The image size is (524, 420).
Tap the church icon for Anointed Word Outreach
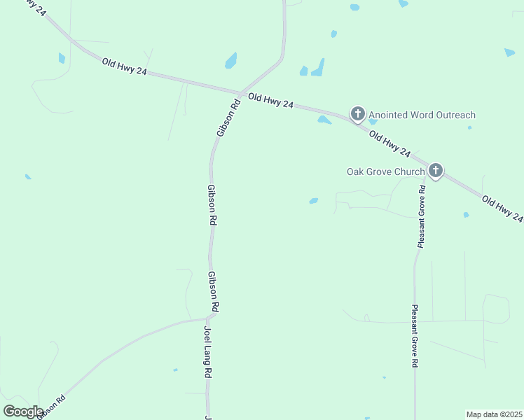pyautogui.click(x=357, y=114)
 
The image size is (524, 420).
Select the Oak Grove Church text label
pyautogui.click(x=386, y=171)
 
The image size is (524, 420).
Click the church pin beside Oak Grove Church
pyautogui.click(x=436, y=170)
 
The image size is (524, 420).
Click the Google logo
pyautogui.click(x=23, y=412)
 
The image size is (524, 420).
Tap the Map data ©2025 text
pyautogui.click(x=494, y=414)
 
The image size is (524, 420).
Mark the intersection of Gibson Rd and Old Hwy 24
pyautogui.click(x=240, y=93)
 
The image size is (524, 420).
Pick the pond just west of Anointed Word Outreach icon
pyautogui.click(x=324, y=120)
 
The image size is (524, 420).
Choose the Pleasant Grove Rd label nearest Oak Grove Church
pyautogui.click(x=422, y=217)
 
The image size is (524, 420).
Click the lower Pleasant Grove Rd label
pyautogui.click(x=415, y=336)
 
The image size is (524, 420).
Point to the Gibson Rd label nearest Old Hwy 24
pyautogui.click(x=228, y=118)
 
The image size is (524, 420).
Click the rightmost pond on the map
pyautogui.click(x=509, y=52)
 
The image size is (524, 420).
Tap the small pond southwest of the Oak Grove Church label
pyautogui.click(x=313, y=201)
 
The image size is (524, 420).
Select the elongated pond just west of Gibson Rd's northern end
pyautogui.click(x=230, y=61)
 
